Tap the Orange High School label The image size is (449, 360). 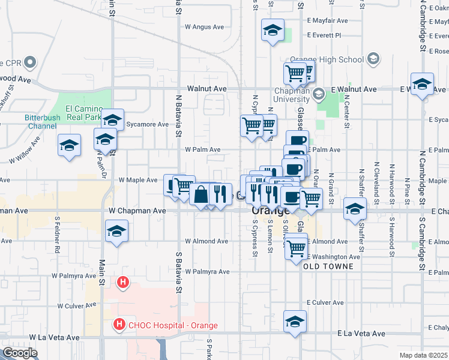[x=327, y=59]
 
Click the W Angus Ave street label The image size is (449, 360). [x=204, y=27]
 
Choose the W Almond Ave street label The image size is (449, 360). [x=206, y=241]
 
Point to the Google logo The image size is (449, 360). [x=20, y=353]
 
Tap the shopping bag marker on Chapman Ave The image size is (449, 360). [x=200, y=194]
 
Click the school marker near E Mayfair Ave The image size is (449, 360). [x=273, y=31]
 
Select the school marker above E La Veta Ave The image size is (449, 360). [x=295, y=321]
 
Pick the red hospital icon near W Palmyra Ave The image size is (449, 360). [x=123, y=281]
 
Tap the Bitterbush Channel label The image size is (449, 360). [x=43, y=122]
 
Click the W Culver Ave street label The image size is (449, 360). [x=77, y=306]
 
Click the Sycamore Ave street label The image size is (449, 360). [x=148, y=125]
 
